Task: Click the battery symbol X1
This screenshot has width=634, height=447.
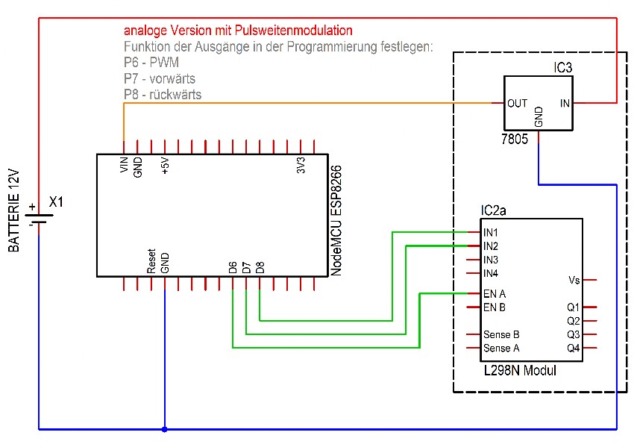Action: pos(38,213)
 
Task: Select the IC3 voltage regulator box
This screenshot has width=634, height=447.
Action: pos(539,104)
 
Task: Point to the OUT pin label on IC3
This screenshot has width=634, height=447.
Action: pos(518,103)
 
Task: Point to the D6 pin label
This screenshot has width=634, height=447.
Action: pos(233,266)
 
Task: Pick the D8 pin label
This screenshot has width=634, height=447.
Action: pos(260,266)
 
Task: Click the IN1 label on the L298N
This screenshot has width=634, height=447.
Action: pos(491,233)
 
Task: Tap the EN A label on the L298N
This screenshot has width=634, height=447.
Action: pos(495,293)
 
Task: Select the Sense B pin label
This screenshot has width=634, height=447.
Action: pos(501,334)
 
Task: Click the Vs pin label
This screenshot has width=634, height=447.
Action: pos(574,280)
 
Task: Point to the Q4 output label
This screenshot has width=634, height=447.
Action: pos(574,348)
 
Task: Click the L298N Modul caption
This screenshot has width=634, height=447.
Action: pos(520,369)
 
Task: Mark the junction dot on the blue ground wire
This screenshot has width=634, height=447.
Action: pos(164,429)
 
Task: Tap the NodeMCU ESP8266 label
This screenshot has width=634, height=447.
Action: pos(336,221)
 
